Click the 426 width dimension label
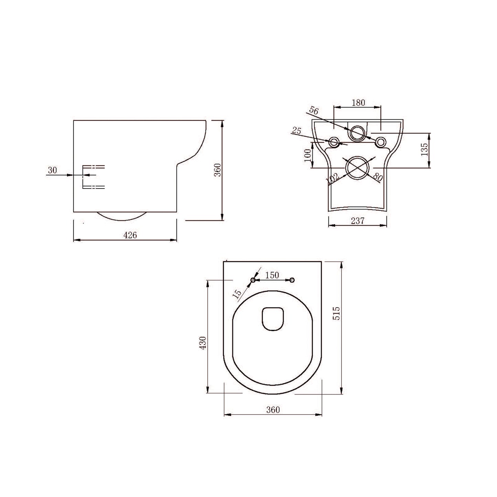[130, 235]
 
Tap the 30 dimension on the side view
[52, 170]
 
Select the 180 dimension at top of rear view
[358, 102]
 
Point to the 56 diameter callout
[313, 110]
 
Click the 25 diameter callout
[296, 130]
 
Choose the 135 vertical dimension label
[424, 150]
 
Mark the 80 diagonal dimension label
[377, 177]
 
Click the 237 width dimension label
[358, 221]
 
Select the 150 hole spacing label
[272, 275]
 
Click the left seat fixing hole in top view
[253, 280]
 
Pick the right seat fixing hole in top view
[292, 280]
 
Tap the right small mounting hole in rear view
[380, 142]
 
